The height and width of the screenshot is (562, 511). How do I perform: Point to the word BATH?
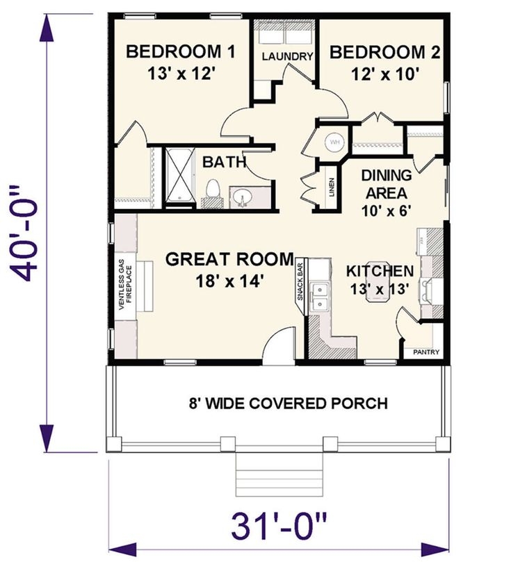click(x=225, y=163)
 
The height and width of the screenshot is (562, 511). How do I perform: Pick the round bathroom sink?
click(x=243, y=197)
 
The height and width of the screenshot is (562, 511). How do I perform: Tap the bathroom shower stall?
click(x=179, y=176)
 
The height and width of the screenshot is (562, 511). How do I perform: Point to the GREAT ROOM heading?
click(x=229, y=260)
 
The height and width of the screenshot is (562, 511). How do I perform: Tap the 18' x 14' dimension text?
click(x=229, y=281)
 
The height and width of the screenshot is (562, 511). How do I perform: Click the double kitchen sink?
click(x=321, y=295)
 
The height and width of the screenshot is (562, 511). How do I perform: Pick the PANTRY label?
click(x=425, y=352)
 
